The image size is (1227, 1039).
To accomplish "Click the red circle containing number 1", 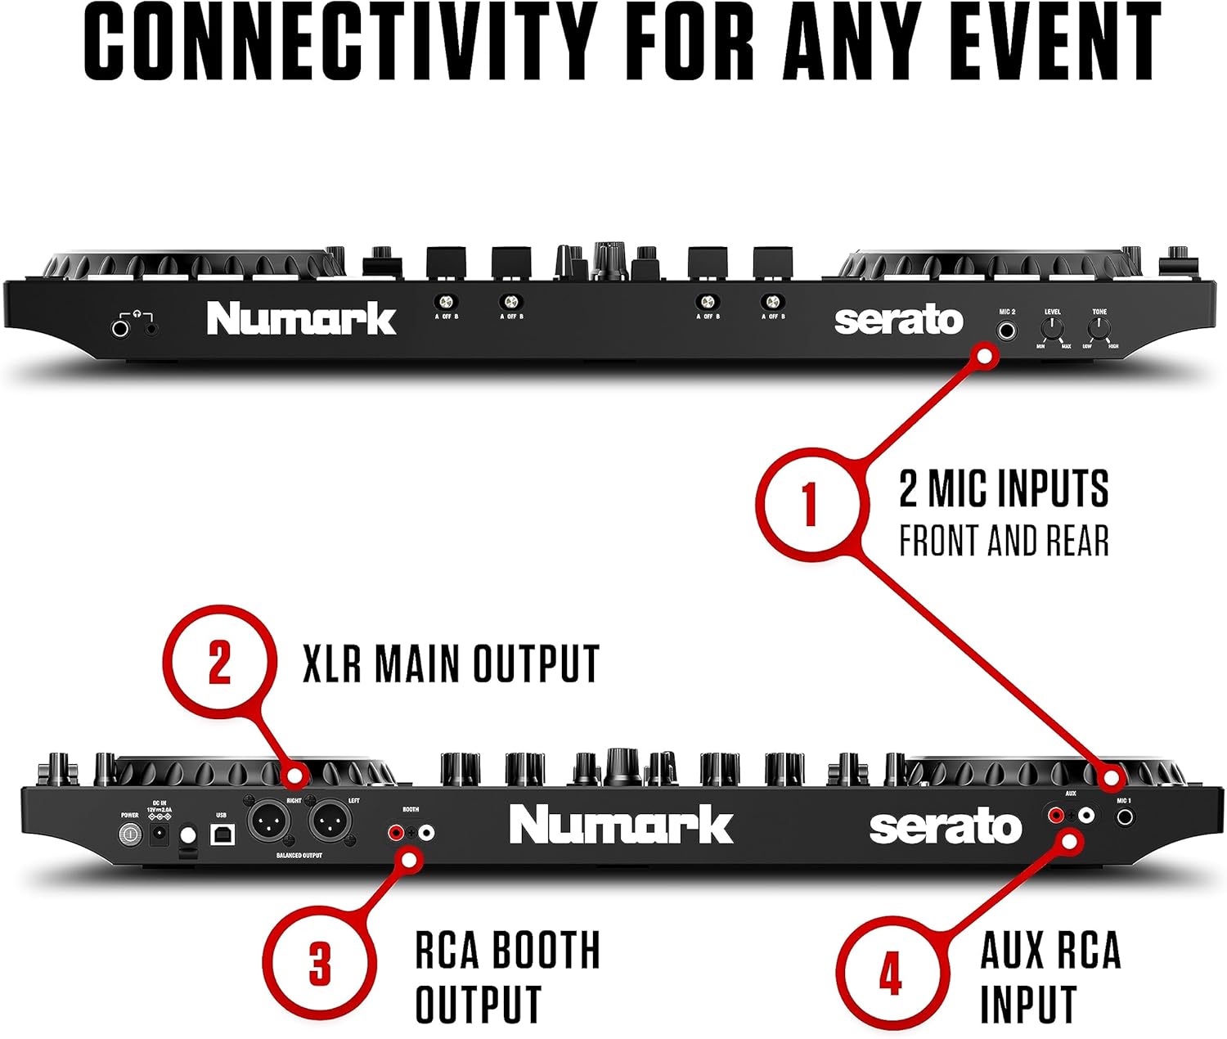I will pos(808,502).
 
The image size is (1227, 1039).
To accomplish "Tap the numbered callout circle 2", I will pos(218,661).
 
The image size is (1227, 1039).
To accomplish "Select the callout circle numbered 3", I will pos(319,962).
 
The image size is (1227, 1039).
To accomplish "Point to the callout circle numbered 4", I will pos(890,973).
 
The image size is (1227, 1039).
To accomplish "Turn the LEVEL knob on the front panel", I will pos(1052,329).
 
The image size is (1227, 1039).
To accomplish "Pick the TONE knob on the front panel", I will pos(1099,329).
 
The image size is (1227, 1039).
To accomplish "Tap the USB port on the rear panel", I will pos(222,834).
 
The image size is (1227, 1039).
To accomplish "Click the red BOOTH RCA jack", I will pos(397,833).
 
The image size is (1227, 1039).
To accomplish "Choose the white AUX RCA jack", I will pos(1085,815).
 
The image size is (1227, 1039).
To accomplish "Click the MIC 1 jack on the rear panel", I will pos(1126,816).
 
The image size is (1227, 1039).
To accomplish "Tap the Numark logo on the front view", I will pos(300,318).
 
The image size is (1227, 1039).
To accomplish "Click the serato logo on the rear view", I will pos(945,827).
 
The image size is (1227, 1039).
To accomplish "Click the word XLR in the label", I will pos(331,663).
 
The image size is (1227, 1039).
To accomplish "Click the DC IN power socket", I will pos(157,835).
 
